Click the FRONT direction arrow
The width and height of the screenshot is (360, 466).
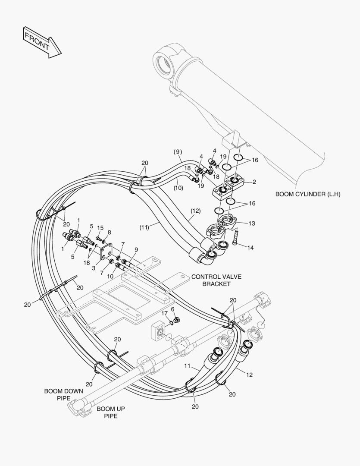(42, 41)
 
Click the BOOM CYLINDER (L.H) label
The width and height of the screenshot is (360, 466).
(308, 194)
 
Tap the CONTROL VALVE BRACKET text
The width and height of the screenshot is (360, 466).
(211, 280)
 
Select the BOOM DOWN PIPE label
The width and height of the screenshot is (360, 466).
(58, 394)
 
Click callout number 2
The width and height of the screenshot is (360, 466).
(254, 182)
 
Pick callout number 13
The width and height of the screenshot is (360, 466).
(252, 223)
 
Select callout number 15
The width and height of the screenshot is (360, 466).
(100, 228)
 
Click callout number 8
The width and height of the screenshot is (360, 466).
(109, 232)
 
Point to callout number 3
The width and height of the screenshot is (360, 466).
(94, 268)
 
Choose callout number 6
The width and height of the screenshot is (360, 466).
(173, 309)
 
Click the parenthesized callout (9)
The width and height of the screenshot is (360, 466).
(178, 151)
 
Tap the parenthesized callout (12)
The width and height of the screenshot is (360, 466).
(195, 211)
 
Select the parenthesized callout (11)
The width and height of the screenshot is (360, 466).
(144, 227)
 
